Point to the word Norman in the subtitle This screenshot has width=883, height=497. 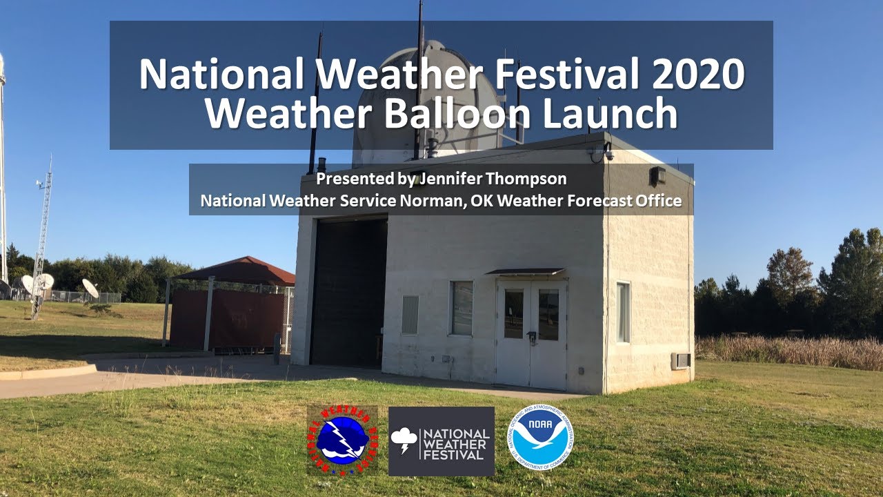441,201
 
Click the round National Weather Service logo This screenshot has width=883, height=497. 341,440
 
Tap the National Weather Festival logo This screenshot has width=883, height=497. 441,441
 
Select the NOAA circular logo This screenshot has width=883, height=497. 540,437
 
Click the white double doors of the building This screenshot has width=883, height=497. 531,333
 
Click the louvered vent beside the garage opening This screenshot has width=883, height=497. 410,315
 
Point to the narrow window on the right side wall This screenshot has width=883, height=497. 623,312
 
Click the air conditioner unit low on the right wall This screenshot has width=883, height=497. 680,361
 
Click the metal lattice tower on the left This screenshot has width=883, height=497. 43,235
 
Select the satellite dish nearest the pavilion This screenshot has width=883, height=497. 90,288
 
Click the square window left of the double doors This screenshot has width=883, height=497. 462,308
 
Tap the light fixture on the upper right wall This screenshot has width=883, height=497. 657,175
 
